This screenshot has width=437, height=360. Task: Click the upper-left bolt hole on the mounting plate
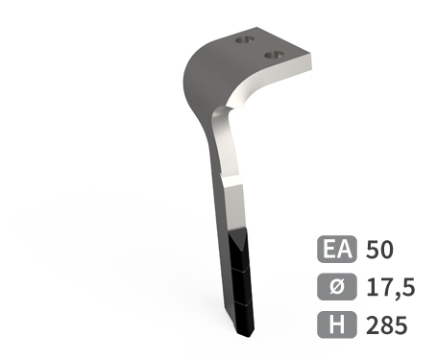(245, 40)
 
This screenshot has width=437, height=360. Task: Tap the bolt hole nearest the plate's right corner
(274, 55)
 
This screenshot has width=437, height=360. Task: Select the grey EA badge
(337, 249)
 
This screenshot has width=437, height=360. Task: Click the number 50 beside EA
(379, 250)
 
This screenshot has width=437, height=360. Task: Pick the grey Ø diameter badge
(337, 287)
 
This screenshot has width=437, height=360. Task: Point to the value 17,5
(391, 288)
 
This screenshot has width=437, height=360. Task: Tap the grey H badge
(337, 324)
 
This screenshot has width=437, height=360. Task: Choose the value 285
(387, 324)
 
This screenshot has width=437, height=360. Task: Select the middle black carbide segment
(242, 286)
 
